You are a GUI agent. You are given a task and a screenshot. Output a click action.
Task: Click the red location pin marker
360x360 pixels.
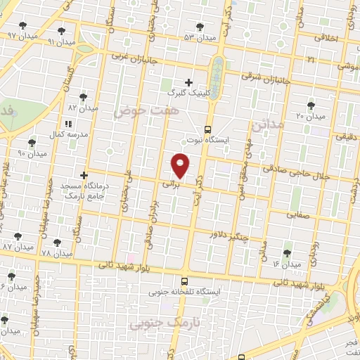[181, 166]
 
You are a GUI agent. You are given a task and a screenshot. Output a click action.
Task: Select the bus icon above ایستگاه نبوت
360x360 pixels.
[207, 129]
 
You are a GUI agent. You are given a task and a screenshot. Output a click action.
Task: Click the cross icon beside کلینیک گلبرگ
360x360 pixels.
[188, 82]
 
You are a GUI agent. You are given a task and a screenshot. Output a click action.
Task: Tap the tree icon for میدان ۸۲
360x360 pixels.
[84, 97]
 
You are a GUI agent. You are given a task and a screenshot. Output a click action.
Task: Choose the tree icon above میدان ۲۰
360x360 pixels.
[311, 105]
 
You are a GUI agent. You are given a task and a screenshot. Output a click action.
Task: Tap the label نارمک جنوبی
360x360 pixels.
[162, 323]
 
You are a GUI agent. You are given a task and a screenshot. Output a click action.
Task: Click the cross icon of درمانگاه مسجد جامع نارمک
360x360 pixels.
[84, 175]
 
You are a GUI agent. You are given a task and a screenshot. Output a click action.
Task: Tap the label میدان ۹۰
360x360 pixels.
[32, 153]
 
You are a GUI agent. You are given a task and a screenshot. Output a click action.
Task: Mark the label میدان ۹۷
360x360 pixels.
[21, 35]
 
